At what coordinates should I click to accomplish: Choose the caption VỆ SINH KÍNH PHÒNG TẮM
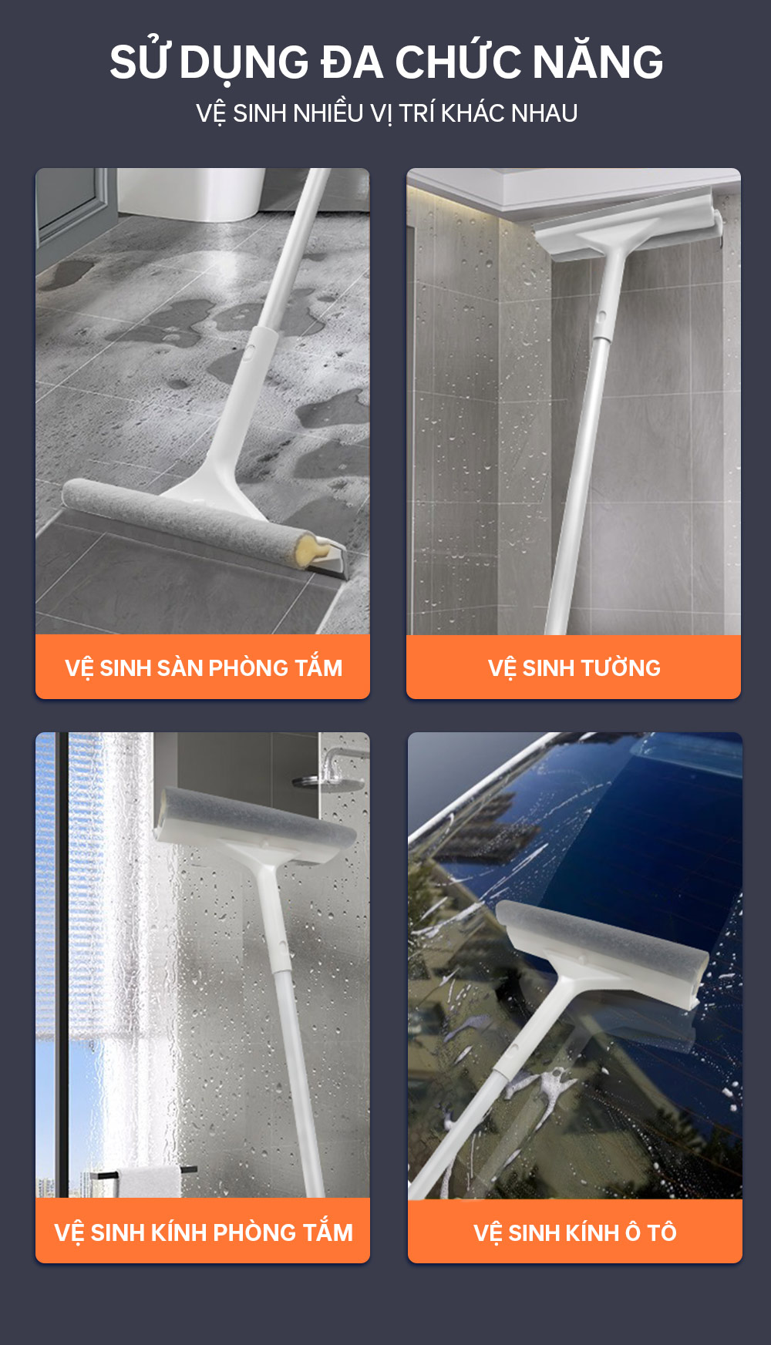point(204,1232)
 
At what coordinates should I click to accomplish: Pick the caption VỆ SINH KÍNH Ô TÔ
point(575,1232)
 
